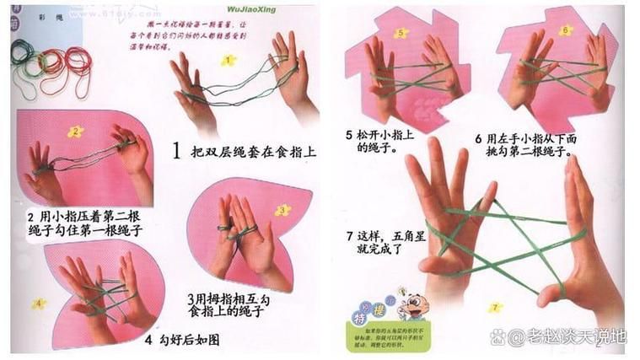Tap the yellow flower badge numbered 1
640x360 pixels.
(228, 60)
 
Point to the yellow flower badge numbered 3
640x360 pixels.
(282, 210)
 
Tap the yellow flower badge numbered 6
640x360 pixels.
(565, 30)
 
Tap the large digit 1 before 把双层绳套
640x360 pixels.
(177, 152)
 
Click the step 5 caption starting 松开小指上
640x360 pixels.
(371, 141)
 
